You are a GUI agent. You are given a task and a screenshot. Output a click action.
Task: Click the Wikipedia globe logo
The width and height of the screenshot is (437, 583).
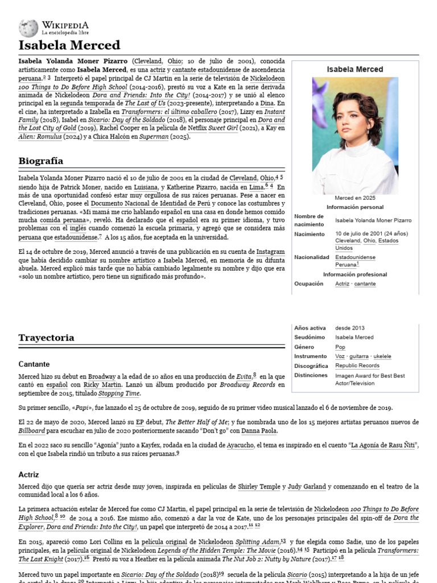[x=28, y=28]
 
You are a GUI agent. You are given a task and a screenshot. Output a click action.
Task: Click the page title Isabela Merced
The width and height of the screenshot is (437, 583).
[x=69, y=45]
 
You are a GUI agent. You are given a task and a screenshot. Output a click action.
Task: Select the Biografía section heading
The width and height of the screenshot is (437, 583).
[x=40, y=161]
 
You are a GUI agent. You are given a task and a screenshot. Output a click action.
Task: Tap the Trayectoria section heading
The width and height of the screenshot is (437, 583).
[x=46, y=338]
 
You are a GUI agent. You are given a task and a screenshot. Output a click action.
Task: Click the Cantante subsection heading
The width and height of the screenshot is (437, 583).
[x=34, y=364]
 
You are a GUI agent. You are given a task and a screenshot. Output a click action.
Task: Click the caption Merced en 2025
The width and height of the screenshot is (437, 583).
[x=355, y=198]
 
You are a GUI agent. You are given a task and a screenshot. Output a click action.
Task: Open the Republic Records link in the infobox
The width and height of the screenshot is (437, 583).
[x=357, y=366]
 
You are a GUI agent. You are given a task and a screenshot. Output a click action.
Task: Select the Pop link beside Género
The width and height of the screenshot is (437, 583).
[x=340, y=347]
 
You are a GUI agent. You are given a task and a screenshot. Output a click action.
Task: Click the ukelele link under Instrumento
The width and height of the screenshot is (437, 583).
[x=380, y=356]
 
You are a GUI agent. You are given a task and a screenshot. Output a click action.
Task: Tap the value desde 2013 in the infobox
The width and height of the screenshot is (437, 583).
[x=350, y=328]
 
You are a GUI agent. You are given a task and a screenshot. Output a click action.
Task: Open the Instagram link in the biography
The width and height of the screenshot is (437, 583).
[x=270, y=251]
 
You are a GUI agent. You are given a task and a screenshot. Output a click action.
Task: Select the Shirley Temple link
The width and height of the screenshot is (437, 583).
[x=259, y=487]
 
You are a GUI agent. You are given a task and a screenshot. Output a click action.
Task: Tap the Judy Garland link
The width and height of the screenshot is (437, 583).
[x=307, y=487]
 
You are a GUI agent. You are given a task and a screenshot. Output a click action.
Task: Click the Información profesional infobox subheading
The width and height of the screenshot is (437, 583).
[x=355, y=274]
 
